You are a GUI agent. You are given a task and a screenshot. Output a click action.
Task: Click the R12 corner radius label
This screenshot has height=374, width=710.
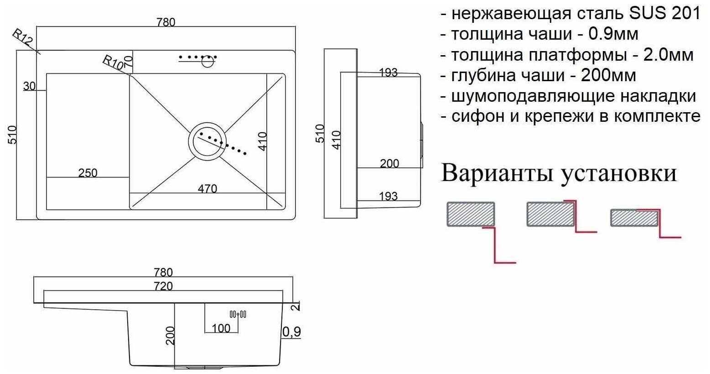click(x=23, y=37)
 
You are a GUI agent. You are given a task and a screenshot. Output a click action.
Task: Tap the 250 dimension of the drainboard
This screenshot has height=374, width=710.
click(x=88, y=173)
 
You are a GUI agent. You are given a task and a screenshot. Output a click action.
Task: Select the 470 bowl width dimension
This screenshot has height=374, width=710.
click(x=207, y=188)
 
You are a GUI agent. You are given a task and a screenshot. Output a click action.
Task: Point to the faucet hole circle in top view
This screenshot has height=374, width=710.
click(x=207, y=62)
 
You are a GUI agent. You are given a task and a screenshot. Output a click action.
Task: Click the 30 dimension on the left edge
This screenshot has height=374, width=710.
click(x=29, y=86)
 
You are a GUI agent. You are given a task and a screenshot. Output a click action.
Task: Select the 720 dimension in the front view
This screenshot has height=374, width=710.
click(x=163, y=286)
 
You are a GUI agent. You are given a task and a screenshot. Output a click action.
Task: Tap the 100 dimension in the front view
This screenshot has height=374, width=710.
click(x=221, y=328)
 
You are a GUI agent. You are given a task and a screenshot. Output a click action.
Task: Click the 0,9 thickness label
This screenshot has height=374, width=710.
click(x=291, y=332)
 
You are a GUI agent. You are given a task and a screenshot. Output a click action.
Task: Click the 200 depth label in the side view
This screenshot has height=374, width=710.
click(x=389, y=163)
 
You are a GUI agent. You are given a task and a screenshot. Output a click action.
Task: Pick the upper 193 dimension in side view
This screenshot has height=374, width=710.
click(x=388, y=73)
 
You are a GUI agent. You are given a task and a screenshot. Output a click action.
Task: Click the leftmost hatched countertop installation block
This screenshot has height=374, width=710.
click(x=471, y=214)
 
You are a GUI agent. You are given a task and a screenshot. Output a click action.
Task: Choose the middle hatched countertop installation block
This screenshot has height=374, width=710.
click(x=551, y=214)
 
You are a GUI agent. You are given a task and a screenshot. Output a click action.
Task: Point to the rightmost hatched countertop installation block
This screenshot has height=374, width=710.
click(x=634, y=218)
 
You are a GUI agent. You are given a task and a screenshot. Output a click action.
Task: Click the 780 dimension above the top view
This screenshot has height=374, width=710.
click(x=166, y=22)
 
